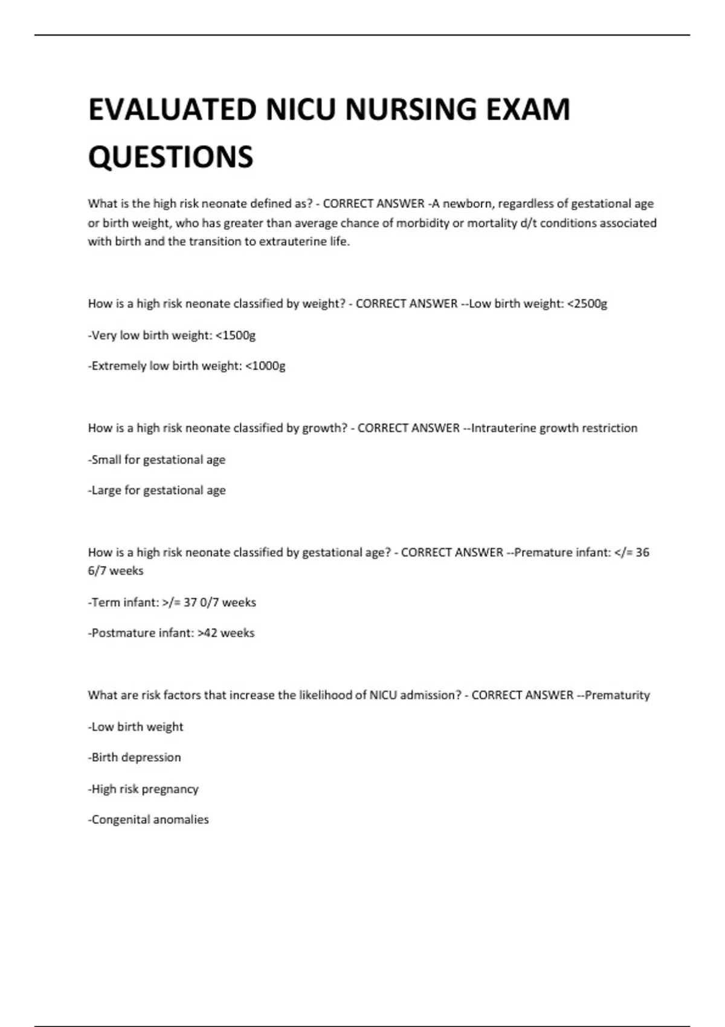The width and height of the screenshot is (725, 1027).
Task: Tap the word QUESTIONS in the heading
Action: [x=171, y=157]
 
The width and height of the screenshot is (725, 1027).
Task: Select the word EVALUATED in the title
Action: [x=173, y=110]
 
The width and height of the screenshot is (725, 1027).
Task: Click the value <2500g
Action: [x=587, y=304]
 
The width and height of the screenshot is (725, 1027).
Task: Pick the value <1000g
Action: [x=266, y=366]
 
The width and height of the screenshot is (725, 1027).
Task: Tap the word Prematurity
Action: [x=617, y=695]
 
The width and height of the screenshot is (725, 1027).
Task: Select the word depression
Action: [x=151, y=758]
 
